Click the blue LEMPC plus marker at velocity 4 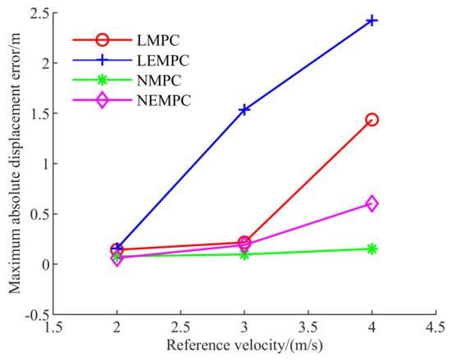(x=371, y=21)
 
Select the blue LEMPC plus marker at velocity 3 (x=244, y=110)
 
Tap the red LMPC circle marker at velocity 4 (x=371, y=120)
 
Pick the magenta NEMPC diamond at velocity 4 (x=371, y=204)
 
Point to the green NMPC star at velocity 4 (x=371, y=249)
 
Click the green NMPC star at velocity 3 (x=244, y=254)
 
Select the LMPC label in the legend (x=158, y=40)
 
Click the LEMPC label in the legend (x=163, y=61)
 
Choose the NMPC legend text (x=159, y=80)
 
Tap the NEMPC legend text (x=164, y=101)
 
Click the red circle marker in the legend (x=102, y=39)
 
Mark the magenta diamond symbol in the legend (x=102, y=100)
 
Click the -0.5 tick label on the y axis (x=36, y=315)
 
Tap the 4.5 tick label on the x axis (x=435, y=328)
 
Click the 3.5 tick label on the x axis (x=308, y=328)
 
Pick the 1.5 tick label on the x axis (x=53, y=328)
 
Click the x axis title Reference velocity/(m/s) (x=244, y=345)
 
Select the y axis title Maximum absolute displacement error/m (x=15, y=163)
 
